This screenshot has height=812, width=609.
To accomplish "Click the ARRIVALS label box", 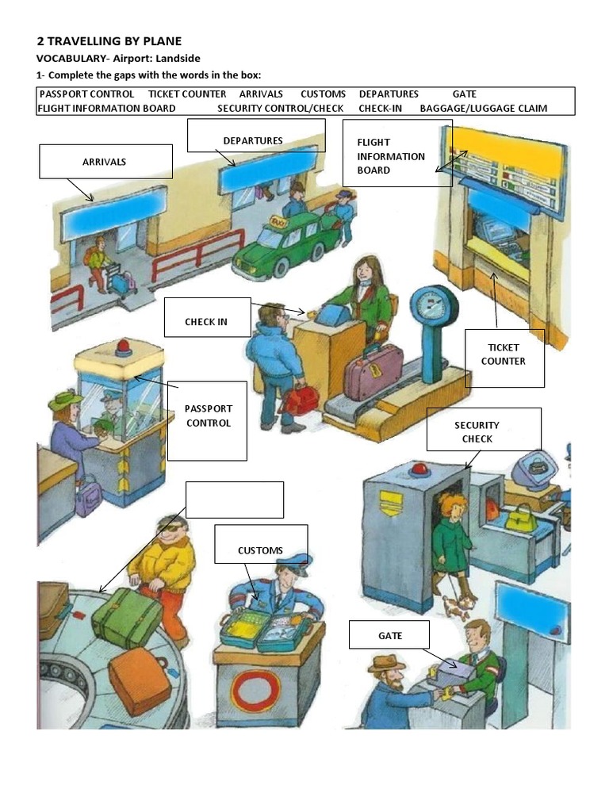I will tap(105, 161).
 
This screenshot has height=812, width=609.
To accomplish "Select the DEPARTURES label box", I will tap(255, 136).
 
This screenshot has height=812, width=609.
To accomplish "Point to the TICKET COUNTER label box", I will tap(504, 358).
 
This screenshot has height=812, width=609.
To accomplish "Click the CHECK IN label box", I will tap(207, 317).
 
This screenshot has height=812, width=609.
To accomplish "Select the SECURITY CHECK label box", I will tap(484, 429).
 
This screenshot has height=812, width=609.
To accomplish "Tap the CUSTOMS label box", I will tap(261, 544).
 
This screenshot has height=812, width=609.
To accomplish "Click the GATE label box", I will tap(389, 634).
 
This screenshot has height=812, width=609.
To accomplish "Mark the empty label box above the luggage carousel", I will tap(235, 500).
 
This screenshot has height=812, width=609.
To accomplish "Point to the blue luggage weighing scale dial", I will tap(433, 306).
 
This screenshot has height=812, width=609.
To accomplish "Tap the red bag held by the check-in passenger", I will tap(300, 400).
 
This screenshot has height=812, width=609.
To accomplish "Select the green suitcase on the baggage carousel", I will tap(127, 617).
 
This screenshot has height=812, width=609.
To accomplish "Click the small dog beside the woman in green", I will tap(457, 606).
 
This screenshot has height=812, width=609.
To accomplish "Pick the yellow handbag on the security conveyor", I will tap(520, 519).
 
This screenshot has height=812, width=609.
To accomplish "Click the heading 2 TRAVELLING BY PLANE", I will tap(109, 40).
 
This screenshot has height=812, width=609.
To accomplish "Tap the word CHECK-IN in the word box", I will tap(380, 108).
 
